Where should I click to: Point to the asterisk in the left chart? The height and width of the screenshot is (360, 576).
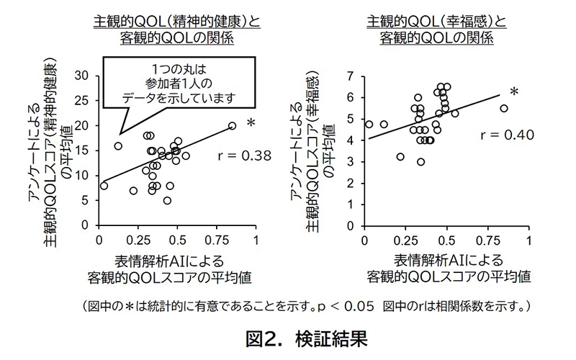[250, 123]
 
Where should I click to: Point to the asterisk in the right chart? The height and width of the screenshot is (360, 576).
[514, 92]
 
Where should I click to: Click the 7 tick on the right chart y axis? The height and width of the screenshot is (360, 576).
[351, 75]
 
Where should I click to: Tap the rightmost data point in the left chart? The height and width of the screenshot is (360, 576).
[232, 125]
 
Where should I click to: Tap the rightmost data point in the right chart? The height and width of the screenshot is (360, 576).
[504, 109]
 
